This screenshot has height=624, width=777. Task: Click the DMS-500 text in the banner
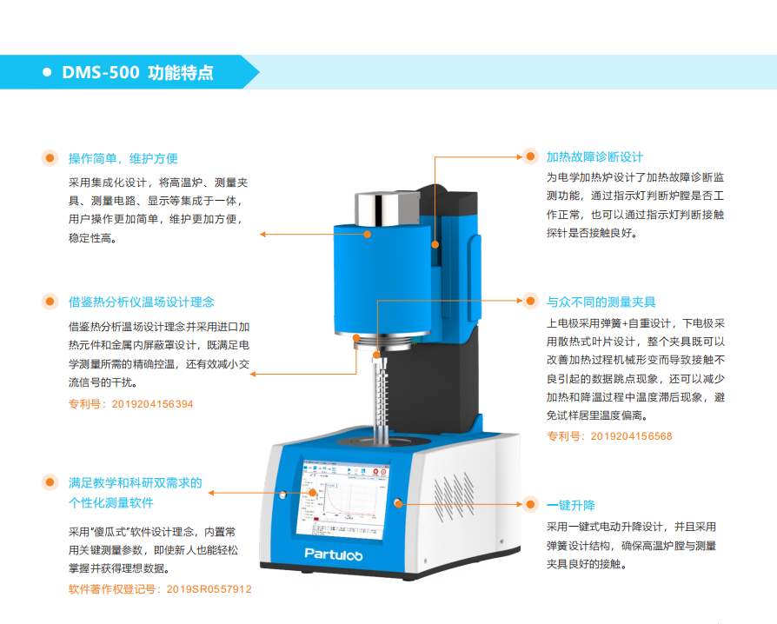click(x=101, y=72)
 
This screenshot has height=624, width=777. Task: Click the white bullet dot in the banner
click(x=47, y=72)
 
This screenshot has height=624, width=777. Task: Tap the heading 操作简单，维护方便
click(x=123, y=158)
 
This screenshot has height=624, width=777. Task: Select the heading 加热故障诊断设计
click(x=594, y=157)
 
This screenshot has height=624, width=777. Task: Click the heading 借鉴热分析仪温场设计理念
click(x=141, y=302)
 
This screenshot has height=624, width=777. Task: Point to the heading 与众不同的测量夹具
click(x=601, y=302)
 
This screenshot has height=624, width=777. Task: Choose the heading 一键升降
click(x=570, y=506)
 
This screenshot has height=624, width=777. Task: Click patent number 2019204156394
click(x=152, y=404)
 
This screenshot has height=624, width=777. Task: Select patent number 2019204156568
click(x=631, y=436)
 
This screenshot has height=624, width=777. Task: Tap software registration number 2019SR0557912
click(x=209, y=589)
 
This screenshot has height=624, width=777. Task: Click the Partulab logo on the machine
click(x=334, y=554)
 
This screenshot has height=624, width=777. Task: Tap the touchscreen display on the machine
click(x=343, y=500)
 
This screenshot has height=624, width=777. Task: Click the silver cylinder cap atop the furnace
click(x=387, y=209)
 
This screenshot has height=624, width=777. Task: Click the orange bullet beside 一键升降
click(x=530, y=505)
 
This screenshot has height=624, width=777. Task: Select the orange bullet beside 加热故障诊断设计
click(x=530, y=156)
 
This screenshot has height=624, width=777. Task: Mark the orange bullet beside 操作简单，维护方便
click(x=50, y=158)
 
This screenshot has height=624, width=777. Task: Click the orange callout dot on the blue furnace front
click(x=367, y=235)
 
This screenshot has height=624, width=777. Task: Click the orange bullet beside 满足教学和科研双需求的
click(x=50, y=481)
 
